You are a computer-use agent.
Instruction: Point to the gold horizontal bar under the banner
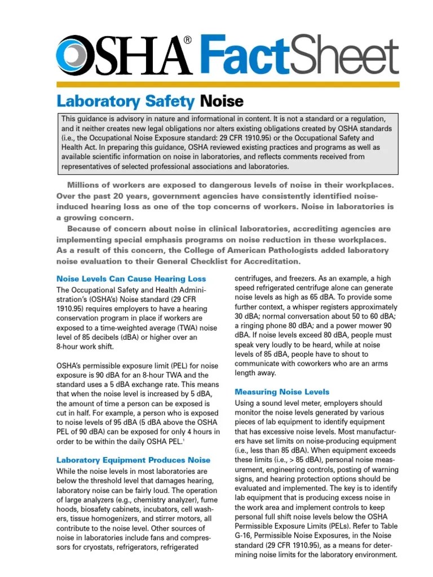pos(228,84)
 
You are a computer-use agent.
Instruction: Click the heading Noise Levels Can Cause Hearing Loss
pos(131,279)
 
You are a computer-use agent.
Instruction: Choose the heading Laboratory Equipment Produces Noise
pos(133,460)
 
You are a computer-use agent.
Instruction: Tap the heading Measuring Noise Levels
pos(282,391)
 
